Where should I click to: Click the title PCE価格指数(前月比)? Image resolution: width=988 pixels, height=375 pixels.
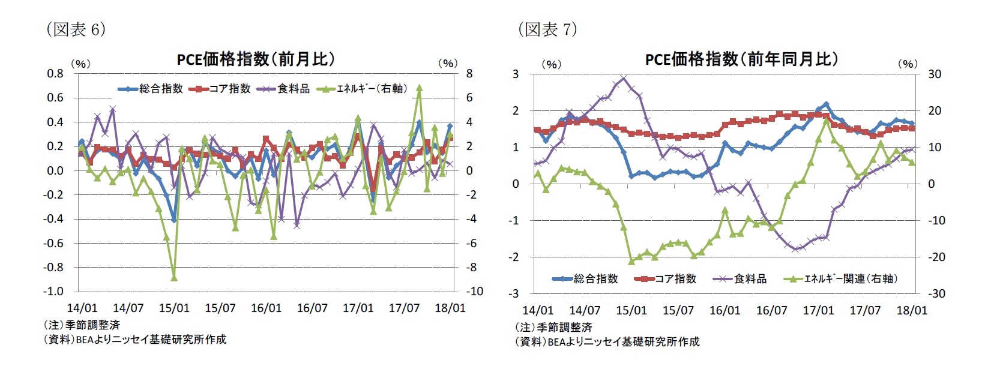(x=256, y=59)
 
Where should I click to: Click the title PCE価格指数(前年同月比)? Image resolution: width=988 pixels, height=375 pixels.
(x=741, y=59)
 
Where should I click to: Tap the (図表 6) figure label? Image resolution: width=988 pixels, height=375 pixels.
(x=76, y=29)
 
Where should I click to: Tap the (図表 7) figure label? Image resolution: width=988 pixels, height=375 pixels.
(x=547, y=29)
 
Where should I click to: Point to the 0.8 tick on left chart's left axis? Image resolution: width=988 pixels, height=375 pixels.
(x=55, y=73)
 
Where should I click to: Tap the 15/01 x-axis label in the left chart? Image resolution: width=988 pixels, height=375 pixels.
(x=174, y=308)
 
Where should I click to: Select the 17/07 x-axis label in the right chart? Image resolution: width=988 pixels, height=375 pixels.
(x=865, y=310)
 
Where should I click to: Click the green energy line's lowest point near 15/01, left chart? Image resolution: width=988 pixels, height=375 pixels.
(x=174, y=278)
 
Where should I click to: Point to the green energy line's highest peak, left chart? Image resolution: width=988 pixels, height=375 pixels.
(x=419, y=88)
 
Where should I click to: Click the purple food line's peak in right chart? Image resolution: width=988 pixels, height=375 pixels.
(x=624, y=77)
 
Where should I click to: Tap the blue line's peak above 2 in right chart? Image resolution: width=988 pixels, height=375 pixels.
(x=826, y=104)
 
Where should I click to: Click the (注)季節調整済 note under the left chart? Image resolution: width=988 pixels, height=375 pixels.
(x=82, y=325)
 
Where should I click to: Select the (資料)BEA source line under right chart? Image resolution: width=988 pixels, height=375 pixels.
(x=607, y=341)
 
